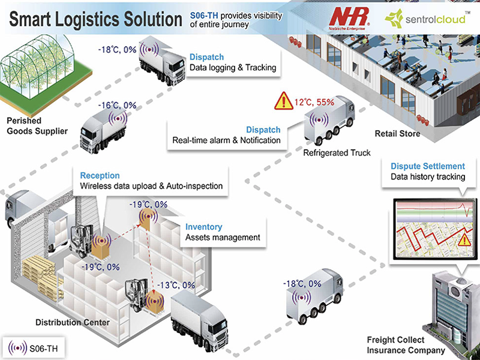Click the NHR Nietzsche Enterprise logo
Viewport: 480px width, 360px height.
[349, 19]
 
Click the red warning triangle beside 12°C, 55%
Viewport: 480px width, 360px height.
[284, 101]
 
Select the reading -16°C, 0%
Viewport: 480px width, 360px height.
[117, 106]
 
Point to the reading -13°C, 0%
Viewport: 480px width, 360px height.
[176, 286]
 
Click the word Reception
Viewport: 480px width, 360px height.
[100, 176]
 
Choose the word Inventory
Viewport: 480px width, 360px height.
[203, 227]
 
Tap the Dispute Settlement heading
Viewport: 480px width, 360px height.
[428, 166]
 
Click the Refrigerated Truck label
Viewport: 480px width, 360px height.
[337, 153]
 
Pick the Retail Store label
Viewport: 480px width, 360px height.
[397, 134]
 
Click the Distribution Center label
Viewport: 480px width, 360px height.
[73, 322]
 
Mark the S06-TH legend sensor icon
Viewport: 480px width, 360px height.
[17, 348]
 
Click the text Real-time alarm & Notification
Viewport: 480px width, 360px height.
[227, 140]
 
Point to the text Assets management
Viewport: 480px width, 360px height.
[223, 238]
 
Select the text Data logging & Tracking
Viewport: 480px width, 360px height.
[233, 67]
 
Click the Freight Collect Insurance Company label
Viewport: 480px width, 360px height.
[406, 346]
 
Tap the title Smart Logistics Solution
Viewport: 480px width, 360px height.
[96, 19]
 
